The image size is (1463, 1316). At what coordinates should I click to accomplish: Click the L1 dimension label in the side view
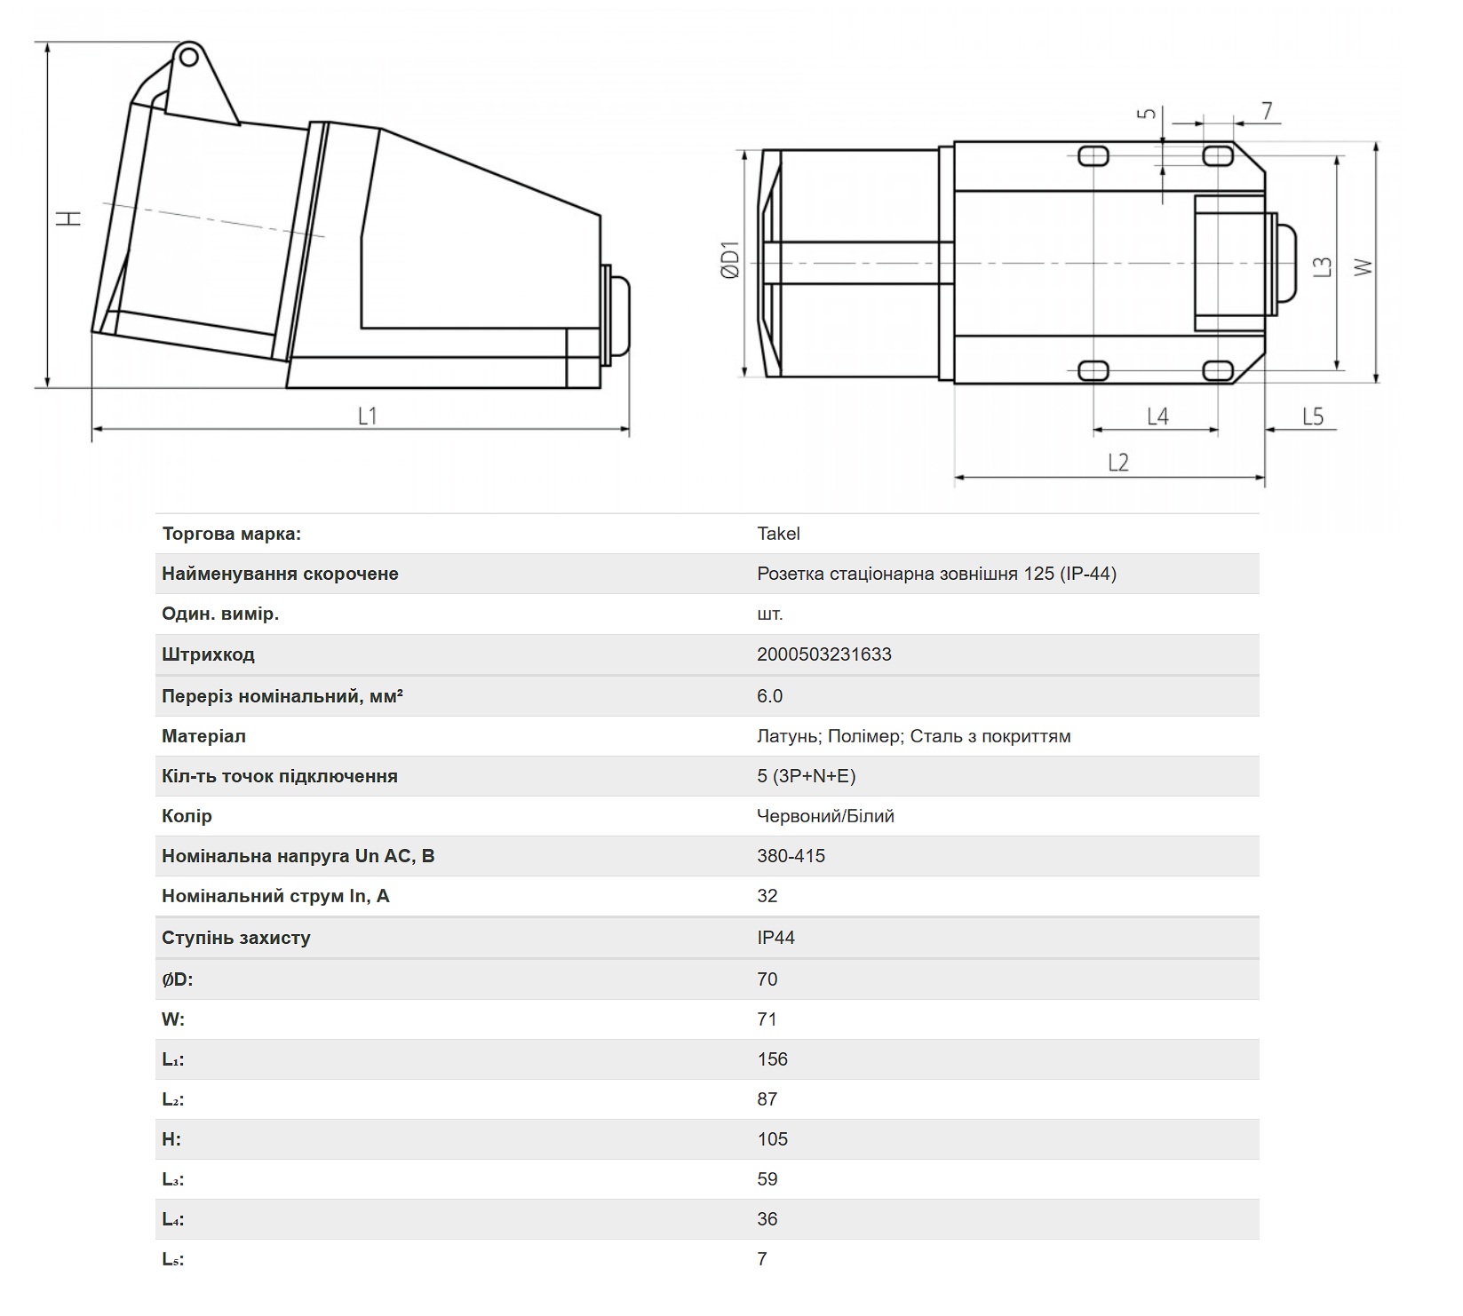[368, 416]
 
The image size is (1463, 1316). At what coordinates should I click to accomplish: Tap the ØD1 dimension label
[730, 259]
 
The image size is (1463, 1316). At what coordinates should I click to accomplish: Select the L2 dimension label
[1118, 462]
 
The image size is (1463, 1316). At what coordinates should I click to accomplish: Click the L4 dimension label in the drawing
[1157, 416]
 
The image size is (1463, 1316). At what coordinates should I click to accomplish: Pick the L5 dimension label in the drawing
[1313, 416]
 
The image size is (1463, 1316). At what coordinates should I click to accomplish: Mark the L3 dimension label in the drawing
[1323, 266]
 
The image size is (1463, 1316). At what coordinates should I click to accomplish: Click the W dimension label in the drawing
[1363, 266]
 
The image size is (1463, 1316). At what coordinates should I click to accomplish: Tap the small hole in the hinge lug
[188, 58]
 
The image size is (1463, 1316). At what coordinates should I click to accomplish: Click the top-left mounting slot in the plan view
[1093, 156]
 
